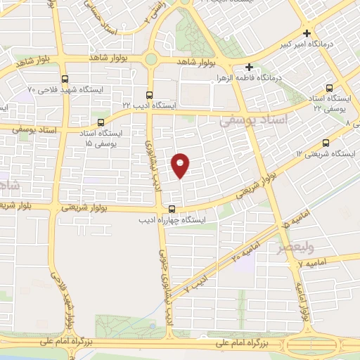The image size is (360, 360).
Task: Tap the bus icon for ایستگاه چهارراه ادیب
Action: [172, 208]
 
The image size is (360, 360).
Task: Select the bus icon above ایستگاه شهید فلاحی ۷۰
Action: [65, 79]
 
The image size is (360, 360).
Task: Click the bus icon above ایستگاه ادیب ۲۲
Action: [148, 94]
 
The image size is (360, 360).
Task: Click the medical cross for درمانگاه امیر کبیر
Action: [307, 33]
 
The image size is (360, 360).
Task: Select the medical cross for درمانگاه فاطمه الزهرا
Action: [250, 67]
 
